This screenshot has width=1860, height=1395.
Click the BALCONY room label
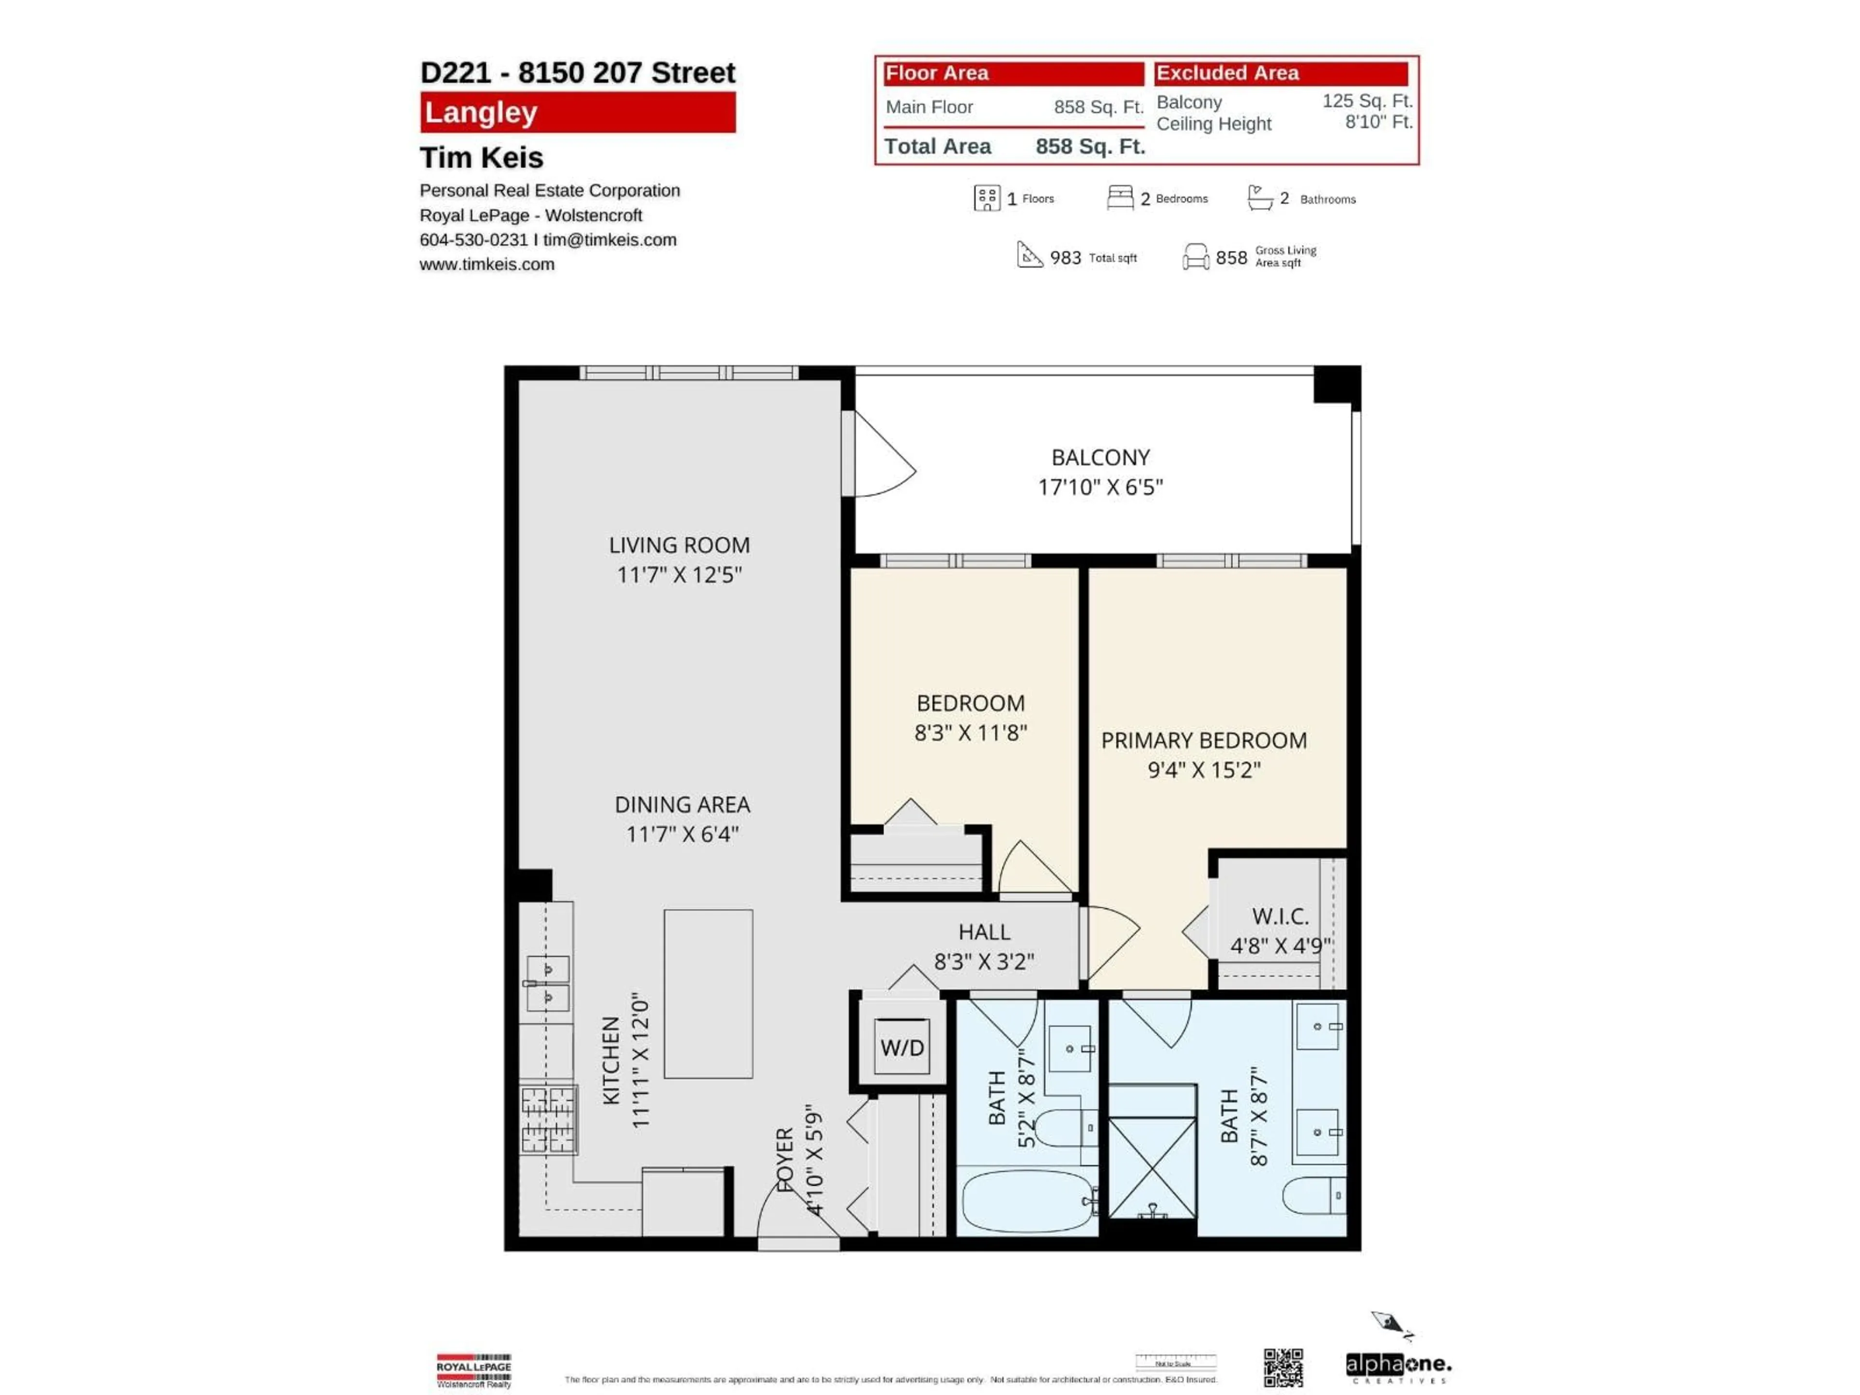click(1100, 457)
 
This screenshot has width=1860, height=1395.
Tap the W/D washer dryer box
click(901, 1047)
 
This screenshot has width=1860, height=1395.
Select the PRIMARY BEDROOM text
click(1203, 740)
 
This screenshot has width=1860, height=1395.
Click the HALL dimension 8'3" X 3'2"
click(984, 961)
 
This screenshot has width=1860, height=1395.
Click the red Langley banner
click(578, 113)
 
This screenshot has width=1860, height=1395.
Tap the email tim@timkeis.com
click(610, 240)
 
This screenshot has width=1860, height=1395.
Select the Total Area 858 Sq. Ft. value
click(1090, 146)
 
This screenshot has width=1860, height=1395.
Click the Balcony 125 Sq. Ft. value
click(1366, 101)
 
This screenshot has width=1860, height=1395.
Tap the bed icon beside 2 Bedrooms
click(1119, 198)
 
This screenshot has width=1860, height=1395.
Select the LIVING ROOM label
click(679, 545)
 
